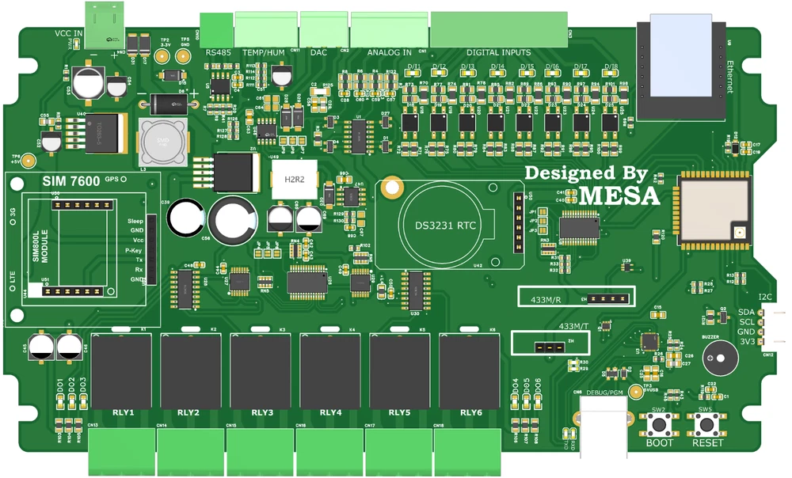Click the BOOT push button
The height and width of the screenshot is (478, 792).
[659, 424]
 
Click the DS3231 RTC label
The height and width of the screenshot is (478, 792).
[446, 226]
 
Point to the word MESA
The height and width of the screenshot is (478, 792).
[619, 195]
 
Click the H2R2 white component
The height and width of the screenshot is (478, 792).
[293, 179]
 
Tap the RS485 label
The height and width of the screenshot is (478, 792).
[218, 52]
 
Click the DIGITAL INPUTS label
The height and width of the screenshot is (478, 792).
[499, 52]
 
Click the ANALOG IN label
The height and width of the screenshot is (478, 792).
[389, 52]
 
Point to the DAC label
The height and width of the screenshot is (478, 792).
[318, 52]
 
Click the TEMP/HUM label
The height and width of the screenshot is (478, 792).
[264, 52]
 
